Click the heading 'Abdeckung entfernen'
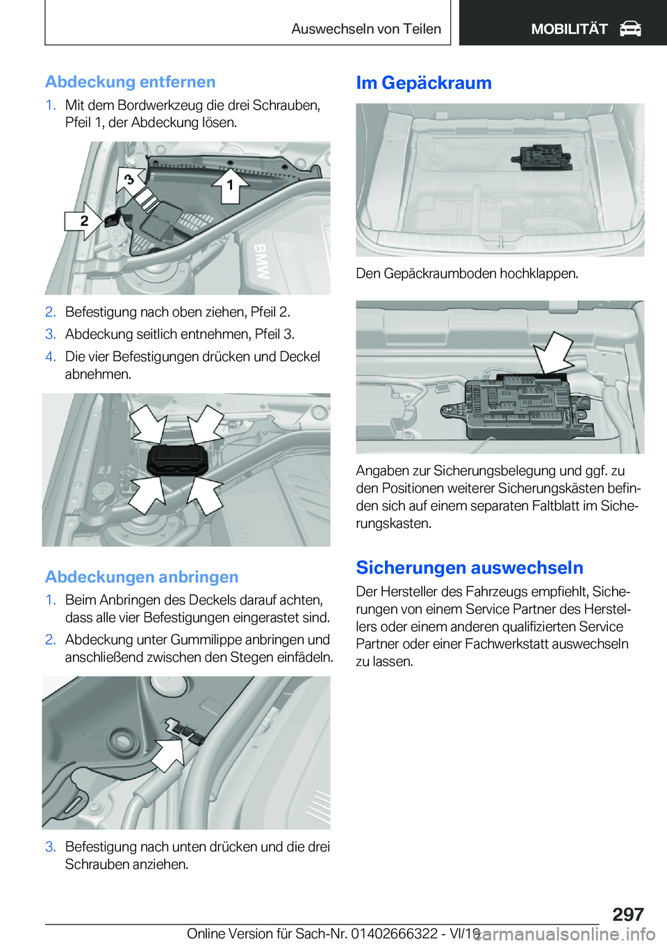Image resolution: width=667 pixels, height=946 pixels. [x=130, y=82]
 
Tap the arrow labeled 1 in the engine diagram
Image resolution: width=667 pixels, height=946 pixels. [x=230, y=185]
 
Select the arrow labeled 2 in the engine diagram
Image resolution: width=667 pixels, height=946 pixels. [x=84, y=221]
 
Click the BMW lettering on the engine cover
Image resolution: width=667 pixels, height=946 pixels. [x=261, y=261]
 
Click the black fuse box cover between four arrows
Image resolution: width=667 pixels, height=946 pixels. [x=177, y=460]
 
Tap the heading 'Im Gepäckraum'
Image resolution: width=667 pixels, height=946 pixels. [x=423, y=83]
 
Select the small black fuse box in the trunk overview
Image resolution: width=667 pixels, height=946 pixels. [x=542, y=158]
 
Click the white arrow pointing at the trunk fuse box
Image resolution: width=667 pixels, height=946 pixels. [x=554, y=352]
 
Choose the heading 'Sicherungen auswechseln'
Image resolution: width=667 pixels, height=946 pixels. [x=469, y=567]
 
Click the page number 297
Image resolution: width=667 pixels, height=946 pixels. [x=627, y=914]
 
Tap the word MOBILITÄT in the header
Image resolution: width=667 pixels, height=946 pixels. [x=568, y=29]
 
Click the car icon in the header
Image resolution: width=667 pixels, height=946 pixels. [x=630, y=29]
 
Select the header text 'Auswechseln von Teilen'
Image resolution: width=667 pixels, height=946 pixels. [x=365, y=29]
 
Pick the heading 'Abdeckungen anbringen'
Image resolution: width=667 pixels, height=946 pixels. [x=142, y=577]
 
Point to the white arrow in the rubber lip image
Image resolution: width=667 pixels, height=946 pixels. [x=168, y=754]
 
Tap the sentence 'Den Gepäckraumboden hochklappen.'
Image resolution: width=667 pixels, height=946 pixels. [x=466, y=274]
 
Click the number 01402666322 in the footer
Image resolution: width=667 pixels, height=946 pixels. [x=394, y=933]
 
